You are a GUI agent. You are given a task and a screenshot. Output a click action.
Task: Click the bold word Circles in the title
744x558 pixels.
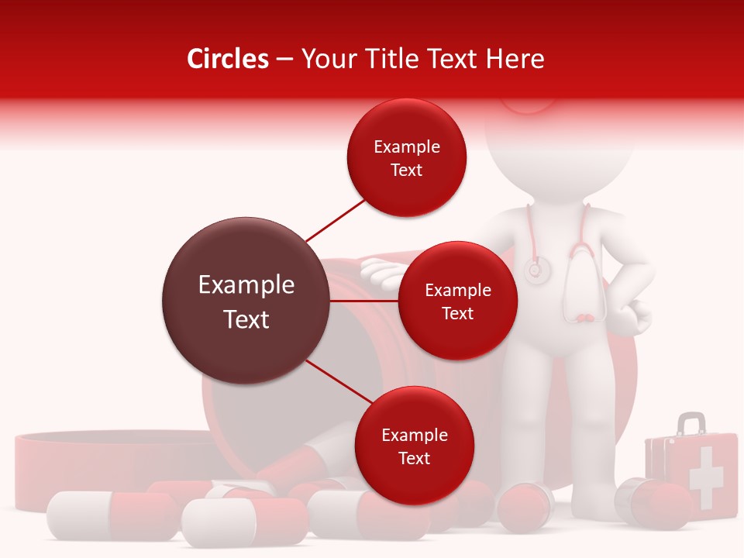(228, 59)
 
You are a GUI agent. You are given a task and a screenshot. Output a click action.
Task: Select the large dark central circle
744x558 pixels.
(246, 301)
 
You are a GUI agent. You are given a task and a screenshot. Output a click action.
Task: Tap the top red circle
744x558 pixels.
(406, 157)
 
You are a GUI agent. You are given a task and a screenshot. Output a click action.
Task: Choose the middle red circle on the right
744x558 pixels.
(457, 301)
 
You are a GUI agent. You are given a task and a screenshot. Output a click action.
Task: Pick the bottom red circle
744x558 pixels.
(414, 446)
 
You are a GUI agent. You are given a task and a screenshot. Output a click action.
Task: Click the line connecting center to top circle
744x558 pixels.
(335, 220)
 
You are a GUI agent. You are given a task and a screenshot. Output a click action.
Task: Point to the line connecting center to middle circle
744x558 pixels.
(364, 301)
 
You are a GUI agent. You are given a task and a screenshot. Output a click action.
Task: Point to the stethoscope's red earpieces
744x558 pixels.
(587, 318)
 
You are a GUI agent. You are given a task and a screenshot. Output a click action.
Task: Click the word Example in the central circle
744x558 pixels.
(246, 285)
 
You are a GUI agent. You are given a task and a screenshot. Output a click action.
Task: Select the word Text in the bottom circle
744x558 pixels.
(414, 458)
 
